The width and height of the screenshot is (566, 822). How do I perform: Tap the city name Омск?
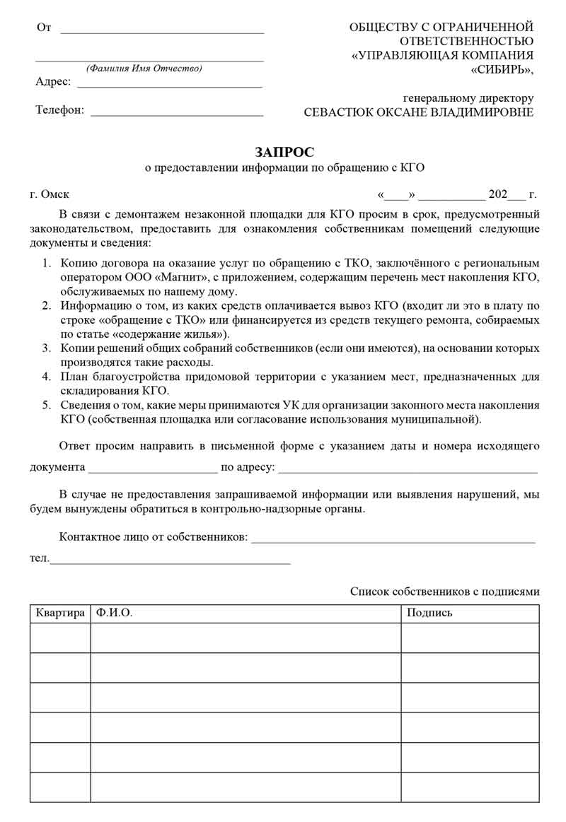tap(55, 194)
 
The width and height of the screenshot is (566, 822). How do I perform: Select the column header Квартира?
tap(60, 613)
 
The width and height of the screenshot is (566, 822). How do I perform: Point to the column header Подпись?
tap(429, 613)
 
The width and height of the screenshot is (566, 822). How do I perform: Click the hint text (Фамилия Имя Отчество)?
tap(144, 69)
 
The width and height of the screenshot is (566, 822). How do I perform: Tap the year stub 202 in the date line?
tap(498, 194)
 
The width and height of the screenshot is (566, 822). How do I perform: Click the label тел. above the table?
tap(40, 559)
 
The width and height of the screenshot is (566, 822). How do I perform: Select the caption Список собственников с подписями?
tap(444, 592)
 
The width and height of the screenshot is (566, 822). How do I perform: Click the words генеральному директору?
tap(468, 98)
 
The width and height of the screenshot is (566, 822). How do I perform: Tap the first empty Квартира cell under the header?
tap(60, 638)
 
